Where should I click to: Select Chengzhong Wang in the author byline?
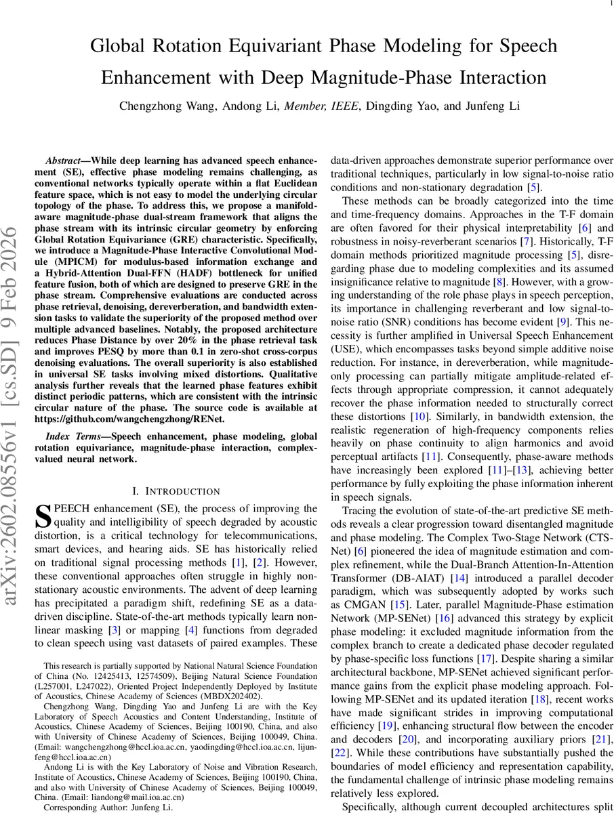157,106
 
